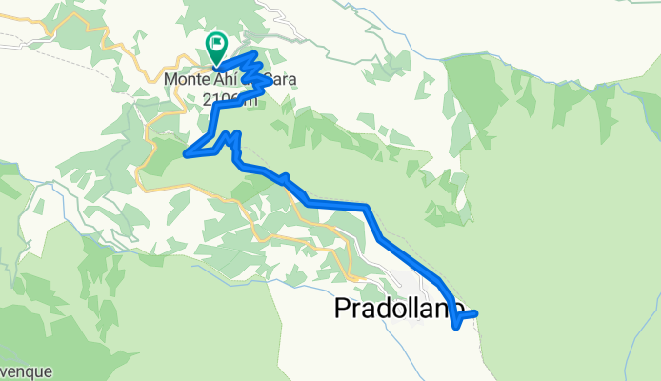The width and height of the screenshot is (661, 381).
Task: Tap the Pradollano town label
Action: [398, 310]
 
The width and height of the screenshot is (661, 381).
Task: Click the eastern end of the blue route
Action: [474, 312]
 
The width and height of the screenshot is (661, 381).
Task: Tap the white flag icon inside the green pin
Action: [217, 43]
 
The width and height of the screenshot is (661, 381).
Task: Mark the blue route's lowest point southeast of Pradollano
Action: [458, 328]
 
